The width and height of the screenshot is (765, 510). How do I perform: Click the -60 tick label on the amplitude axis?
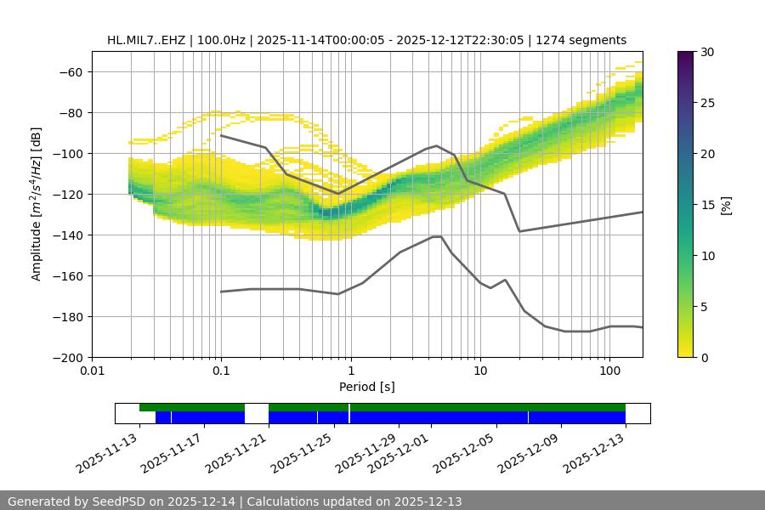click(71, 71)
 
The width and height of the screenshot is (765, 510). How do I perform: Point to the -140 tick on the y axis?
click(71, 235)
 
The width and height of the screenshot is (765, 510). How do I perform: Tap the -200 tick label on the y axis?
click(67, 357)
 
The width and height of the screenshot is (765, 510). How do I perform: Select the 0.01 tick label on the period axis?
click(92, 372)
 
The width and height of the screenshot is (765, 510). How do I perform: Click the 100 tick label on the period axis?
click(609, 372)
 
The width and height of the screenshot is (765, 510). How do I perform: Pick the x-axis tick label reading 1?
click(351, 372)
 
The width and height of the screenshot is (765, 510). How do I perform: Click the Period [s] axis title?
click(366, 387)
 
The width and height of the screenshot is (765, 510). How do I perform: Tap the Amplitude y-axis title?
click(37, 204)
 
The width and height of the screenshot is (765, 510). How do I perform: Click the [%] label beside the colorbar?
click(725, 205)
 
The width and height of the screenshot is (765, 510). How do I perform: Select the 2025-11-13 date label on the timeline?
click(106, 456)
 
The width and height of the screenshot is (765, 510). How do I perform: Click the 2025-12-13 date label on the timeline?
click(595, 456)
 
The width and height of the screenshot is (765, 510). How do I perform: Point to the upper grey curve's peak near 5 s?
click(437, 145)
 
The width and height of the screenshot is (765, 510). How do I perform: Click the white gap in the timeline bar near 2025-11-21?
click(257, 413)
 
